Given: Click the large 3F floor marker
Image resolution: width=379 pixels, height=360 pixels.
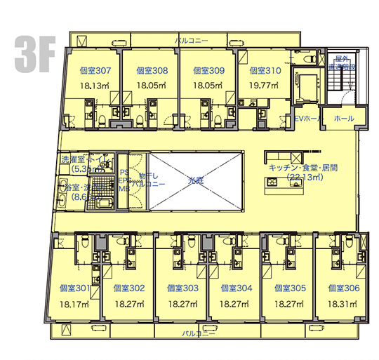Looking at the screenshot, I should coord(33,54).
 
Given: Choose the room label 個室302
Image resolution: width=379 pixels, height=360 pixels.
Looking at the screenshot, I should coord(128,288).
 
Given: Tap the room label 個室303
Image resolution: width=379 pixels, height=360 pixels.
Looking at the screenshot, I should coord(182,288).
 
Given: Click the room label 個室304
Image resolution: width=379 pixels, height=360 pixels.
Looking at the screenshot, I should coord(236,288).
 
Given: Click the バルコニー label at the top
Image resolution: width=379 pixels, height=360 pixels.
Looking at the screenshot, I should coord(192,41).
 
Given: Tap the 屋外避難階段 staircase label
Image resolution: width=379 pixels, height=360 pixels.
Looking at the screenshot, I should coord(343,64).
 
